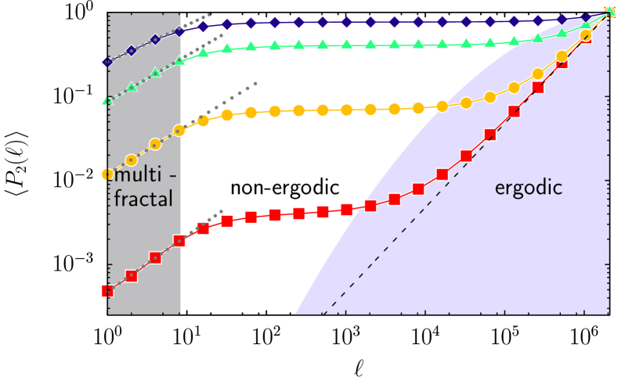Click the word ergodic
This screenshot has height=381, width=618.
pyautogui.click(x=529, y=189)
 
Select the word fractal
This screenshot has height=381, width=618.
pyautogui.click(x=143, y=199)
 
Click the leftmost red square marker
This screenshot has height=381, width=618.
pyautogui.click(x=108, y=291)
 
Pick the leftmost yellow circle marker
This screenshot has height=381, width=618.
pyautogui.click(x=108, y=174)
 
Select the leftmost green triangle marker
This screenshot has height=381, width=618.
pyautogui.click(x=108, y=100)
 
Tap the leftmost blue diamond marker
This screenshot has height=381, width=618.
pyautogui.click(x=108, y=62)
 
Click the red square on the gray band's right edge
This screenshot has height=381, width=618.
pyautogui.click(x=179, y=241)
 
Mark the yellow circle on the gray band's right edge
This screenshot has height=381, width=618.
pyautogui.click(x=179, y=131)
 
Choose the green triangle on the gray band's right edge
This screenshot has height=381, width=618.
pyautogui.click(x=179, y=60)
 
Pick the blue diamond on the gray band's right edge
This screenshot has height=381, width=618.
pyautogui.click(x=179, y=31)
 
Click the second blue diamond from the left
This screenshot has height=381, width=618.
pyautogui.click(x=132, y=50)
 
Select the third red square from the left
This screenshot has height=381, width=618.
pyautogui.click(x=155, y=257)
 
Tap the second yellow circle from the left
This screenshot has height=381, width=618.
pyautogui.click(x=132, y=160)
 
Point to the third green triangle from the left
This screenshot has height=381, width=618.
pyautogui.click(x=155, y=73)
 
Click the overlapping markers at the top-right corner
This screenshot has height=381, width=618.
pyautogui.click(x=609, y=12)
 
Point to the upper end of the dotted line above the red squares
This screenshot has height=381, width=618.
pyautogui.click(x=222, y=210)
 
